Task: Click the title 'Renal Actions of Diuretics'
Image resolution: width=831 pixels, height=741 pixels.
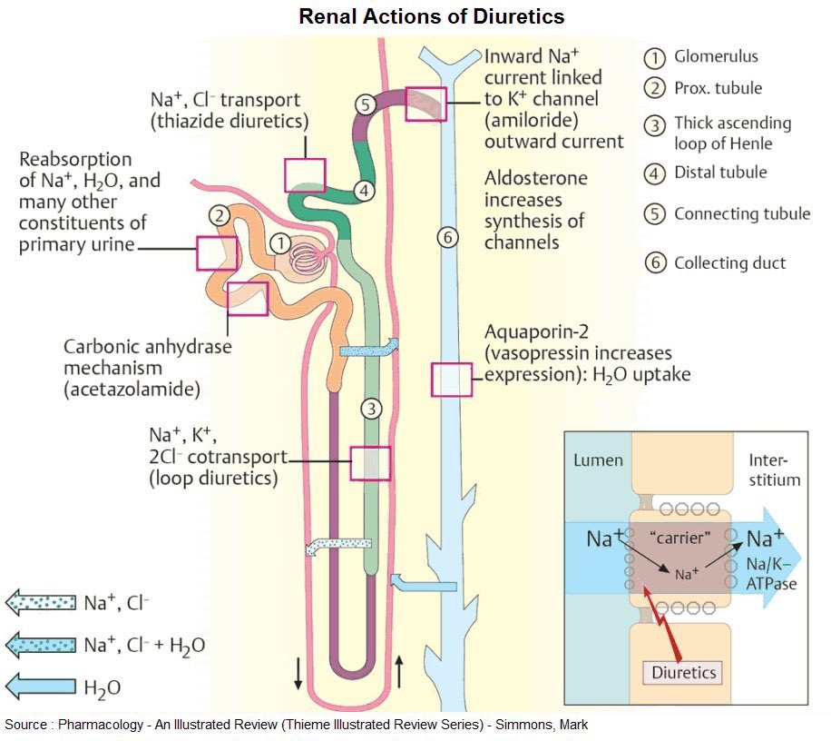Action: pos(432,16)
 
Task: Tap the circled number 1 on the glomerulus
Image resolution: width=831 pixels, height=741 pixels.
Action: pos(281,243)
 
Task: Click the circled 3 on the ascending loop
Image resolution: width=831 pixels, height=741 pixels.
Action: pos(369,408)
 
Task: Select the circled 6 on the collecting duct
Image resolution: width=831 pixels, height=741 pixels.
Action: pos(447,238)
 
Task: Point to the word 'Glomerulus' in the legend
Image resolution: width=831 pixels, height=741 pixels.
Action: pos(716,56)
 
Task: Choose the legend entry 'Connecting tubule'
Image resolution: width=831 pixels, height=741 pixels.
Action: pos(741,214)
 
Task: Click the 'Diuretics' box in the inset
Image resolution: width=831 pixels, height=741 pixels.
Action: pos(685,673)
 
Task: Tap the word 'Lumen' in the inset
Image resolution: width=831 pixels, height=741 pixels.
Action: pos(598,459)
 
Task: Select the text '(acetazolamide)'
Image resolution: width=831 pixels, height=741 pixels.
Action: pos(132,390)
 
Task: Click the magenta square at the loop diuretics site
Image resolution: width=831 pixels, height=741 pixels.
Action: pos(370,463)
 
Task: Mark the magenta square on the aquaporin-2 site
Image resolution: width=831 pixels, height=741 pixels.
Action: pos(451,380)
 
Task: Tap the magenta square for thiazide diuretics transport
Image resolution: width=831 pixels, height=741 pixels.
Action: pos(305,175)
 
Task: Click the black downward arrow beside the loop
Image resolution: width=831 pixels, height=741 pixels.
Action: pos(298,673)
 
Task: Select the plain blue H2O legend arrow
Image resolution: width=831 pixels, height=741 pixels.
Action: pos(40,687)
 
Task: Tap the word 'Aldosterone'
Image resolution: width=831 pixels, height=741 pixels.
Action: pos(536,178)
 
